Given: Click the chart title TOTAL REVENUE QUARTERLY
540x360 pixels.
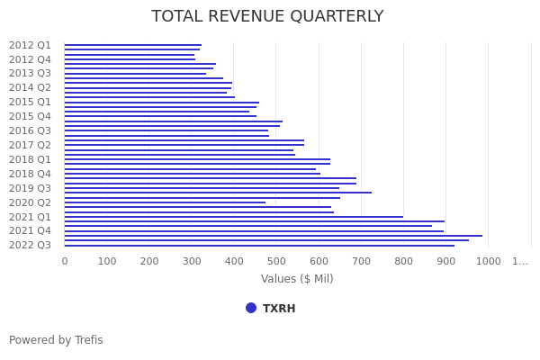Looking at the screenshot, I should pyautogui.click(x=267, y=17).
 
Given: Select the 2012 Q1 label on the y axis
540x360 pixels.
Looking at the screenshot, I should pyautogui.click(x=30, y=45).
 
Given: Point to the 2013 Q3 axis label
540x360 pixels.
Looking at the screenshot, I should pyautogui.click(x=30, y=74).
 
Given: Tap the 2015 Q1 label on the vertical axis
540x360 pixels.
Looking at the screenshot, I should pyautogui.click(x=30, y=102).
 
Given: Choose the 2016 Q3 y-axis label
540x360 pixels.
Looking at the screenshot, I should pyautogui.click(x=30, y=130).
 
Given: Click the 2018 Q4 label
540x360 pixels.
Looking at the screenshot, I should pyautogui.click(x=30, y=174).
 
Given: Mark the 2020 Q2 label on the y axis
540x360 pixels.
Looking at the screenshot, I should pyautogui.click(x=30, y=202).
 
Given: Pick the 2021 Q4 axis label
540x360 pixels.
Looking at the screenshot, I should pyautogui.click(x=30, y=230).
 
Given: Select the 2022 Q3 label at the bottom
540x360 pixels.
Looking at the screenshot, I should pyautogui.click(x=30, y=245).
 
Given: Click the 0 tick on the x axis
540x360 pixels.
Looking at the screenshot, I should pyautogui.click(x=65, y=261).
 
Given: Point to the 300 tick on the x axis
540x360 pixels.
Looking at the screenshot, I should pyautogui.click(x=192, y=261).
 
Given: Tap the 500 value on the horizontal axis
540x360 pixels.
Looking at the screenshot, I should pyautogui.click(x=276, y=261).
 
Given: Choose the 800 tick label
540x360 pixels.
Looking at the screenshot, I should pyautogui.click(x=403, y=261).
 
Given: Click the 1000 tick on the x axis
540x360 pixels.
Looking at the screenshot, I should pyautogui.click(x=489, y=261).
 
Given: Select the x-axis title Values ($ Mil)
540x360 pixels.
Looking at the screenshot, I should pyautogui.click(x=297, y=279).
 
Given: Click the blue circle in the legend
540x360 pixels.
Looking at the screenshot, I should pyautogui.click(x=251, y=308).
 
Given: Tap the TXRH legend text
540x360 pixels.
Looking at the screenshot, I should pyautogui.click(x=279, y=309).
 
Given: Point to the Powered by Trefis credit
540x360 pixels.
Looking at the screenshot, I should pyautogui.click(x=56, y=340).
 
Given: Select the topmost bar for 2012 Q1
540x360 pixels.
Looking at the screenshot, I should pyautogui.click(x=132, y=45).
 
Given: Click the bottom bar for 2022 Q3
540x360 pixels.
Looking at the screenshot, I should pyautogui.click(x=259, y=245).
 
